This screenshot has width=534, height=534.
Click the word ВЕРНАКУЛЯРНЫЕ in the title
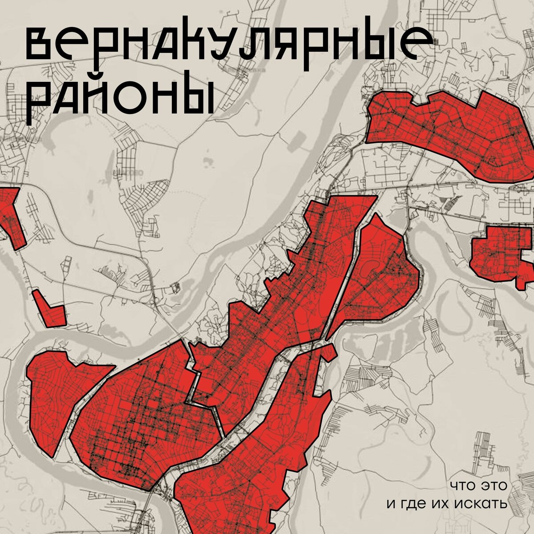point(227,44)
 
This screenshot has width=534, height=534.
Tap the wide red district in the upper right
point(449,131)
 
